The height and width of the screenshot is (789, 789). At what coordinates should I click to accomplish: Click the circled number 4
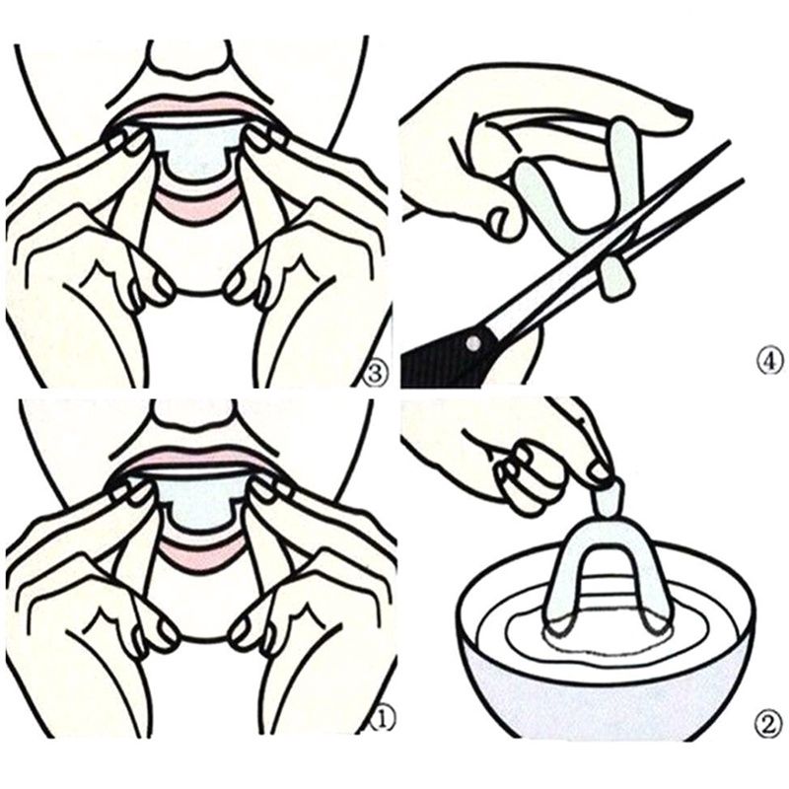(770, 361)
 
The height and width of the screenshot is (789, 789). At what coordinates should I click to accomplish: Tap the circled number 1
(380, 722)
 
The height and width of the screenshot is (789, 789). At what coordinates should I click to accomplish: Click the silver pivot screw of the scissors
(472, 343)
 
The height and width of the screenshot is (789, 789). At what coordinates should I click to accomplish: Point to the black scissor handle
(443, 357)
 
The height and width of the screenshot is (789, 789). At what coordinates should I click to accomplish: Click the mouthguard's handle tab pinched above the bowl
(608, 498)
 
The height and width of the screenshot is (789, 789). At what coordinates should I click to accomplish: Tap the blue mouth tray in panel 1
(197, 502)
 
